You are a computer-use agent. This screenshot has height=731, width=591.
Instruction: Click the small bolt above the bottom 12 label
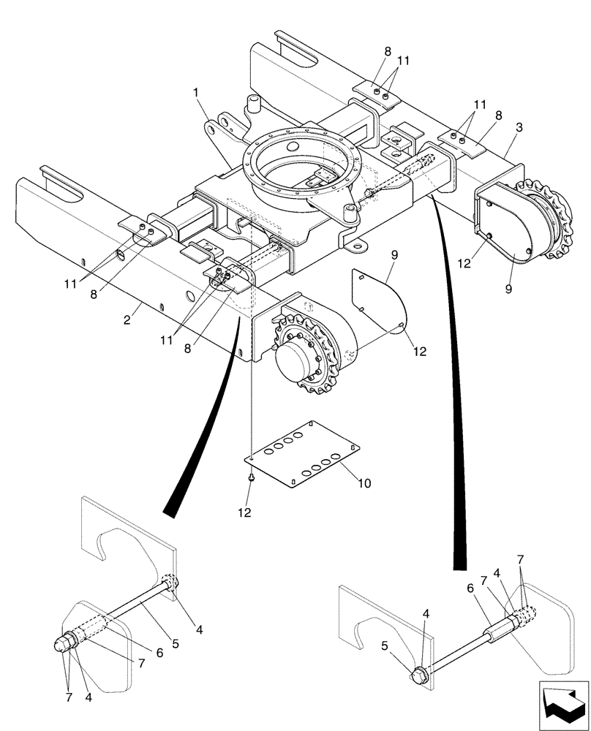point(251,479)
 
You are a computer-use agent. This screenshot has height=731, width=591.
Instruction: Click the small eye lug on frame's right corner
point(358,247)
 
